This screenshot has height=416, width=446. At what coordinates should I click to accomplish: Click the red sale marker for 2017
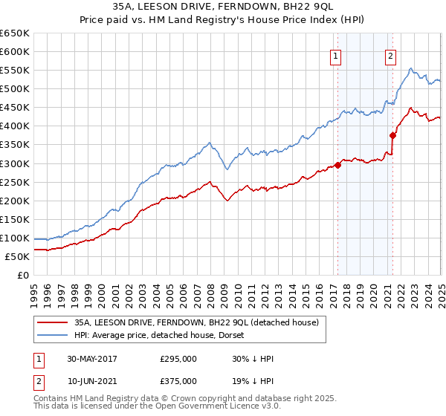[337, 165]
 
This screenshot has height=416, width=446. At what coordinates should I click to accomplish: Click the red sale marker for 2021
[392, 135]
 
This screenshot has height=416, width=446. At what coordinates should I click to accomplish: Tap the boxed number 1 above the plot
[335, 54]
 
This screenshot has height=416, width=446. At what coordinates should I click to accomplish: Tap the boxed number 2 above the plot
[390, 54]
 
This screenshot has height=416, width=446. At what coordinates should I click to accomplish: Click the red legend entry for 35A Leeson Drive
[196, 322]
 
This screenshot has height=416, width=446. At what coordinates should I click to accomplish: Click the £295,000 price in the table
[178, 359]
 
